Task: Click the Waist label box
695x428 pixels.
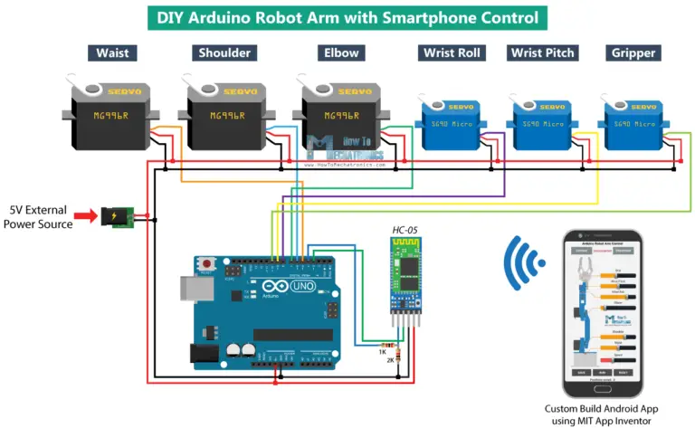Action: pyautogui.click(x=113, y=52)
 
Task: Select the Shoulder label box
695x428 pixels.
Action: pyautogui.click(x=224, y=52)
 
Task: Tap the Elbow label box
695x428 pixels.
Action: pyautogui.click(x=336, y=52)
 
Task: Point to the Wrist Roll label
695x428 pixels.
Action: pyautogui.click(x=452, y=52)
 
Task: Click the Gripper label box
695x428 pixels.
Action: pyautogui.click(x=633, y=52)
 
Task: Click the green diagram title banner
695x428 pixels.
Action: pyautogui.click(x=347, y=17)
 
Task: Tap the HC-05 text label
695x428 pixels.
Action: pyautogui.click(x=405, y=233)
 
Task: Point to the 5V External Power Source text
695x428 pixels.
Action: pyautogui.click(x=41, y=217)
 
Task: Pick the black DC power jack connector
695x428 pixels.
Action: pyautogui.click(x=115, y=217)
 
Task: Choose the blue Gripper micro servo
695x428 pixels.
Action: pyautogui.click(x=633, y=123)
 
